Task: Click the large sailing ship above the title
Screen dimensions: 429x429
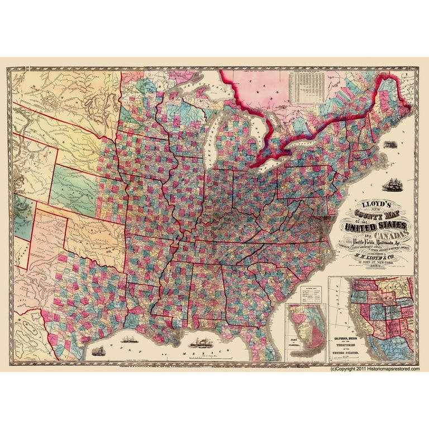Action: point(391,183)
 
